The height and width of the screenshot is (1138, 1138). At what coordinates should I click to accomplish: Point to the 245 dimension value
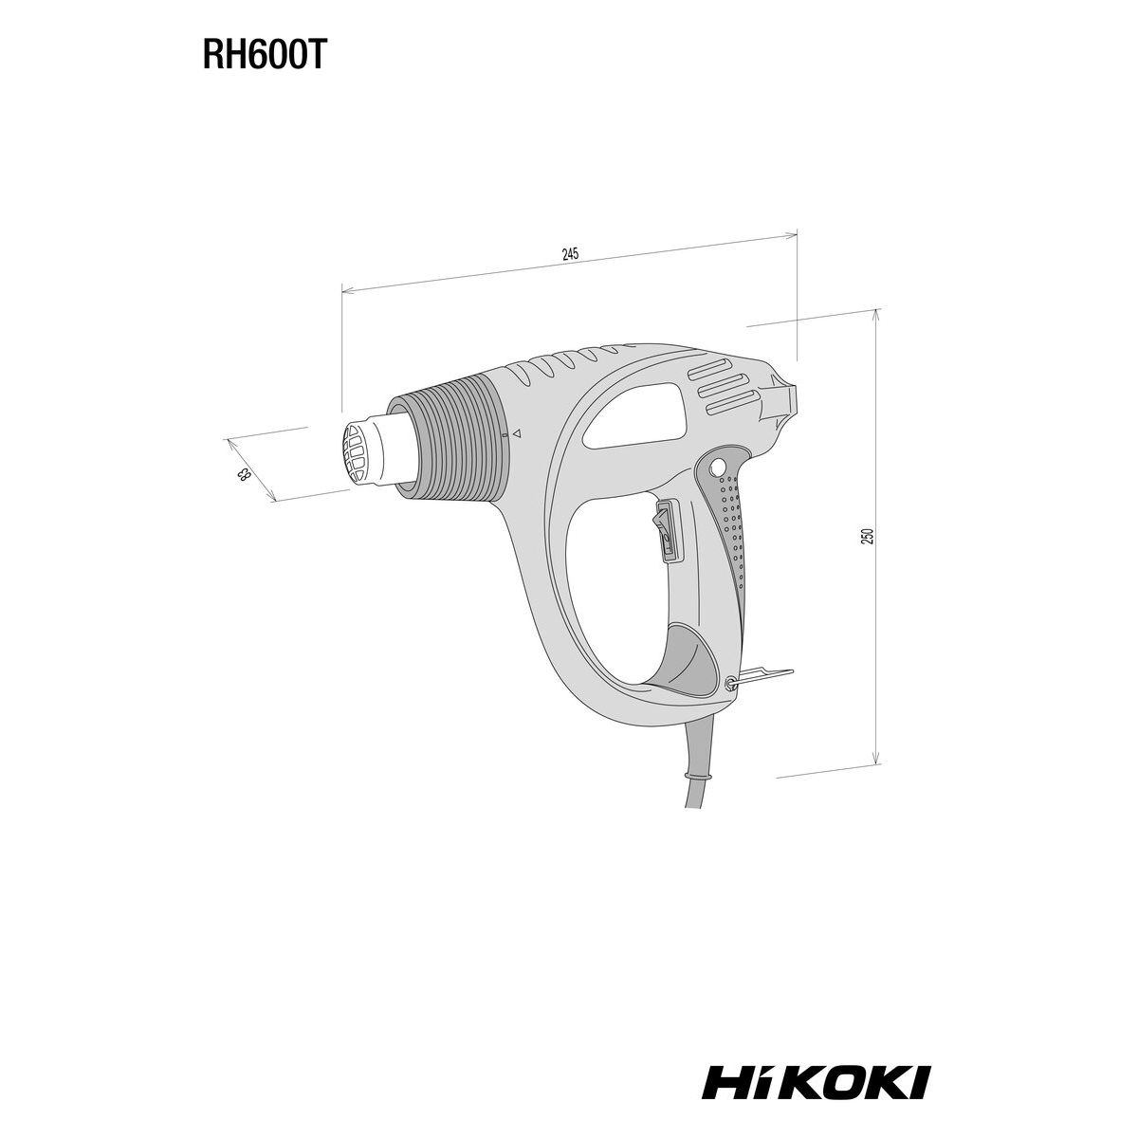pos(570,255)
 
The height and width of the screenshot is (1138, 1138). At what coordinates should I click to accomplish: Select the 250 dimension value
pos(868,536)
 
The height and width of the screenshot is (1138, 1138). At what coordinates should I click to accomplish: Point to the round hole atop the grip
pos(718,468)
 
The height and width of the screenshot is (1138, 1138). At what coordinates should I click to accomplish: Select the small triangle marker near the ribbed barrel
pos(516,433)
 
